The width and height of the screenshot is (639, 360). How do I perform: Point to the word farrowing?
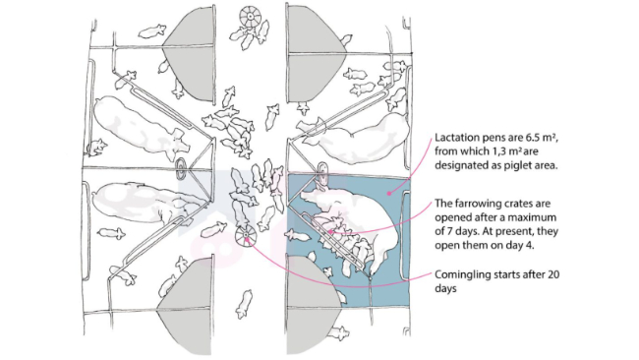(x=472, y=203)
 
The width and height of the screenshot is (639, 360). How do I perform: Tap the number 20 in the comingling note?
(x=553, y=274)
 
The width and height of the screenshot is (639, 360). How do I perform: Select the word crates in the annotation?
(x=509, y=204)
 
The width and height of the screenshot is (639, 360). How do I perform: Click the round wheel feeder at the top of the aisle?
(x=250, y=17)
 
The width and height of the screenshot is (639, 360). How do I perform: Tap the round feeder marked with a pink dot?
(x=246, y=236)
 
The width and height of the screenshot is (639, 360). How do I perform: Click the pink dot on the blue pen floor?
(x=388, y=193)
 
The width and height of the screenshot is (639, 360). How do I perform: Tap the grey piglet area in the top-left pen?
(x=191, y=54)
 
